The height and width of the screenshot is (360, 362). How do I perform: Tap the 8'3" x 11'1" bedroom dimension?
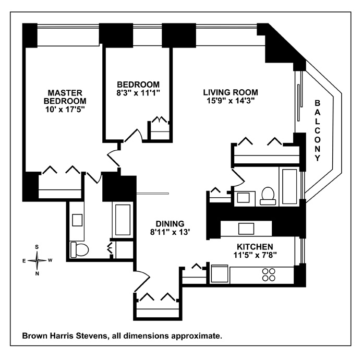[138, 93]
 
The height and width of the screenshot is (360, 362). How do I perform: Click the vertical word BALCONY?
[317, 130]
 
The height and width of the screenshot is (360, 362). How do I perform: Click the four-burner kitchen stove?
[269, 275]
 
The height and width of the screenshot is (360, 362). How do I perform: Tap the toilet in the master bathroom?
[79, 249]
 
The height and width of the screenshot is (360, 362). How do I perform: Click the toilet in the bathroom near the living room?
[268, 195]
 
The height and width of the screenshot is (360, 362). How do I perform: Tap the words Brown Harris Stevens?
[64, 336]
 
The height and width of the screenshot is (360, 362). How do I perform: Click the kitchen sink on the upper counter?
[246, 229]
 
